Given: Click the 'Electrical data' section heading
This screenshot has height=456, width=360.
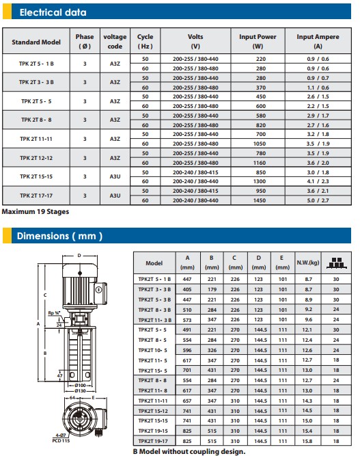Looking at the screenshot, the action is coord(53,12).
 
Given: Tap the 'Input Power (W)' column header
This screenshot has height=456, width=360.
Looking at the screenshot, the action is coord(258,41).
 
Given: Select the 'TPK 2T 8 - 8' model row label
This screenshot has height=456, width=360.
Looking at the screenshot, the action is coord(36,120).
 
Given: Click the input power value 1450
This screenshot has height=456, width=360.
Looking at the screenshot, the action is coord(259,200).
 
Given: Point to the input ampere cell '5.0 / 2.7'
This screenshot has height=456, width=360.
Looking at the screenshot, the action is coord(318,200).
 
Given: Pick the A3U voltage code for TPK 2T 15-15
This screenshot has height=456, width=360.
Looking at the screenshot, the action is coord(115,176).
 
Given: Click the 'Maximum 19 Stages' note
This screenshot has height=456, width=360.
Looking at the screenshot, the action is coord(36,212).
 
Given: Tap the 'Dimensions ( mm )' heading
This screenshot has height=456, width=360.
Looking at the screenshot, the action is coord(59,236).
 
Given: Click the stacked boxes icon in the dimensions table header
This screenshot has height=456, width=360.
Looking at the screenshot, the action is coord(336,263).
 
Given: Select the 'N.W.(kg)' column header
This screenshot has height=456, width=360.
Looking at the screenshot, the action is coord(308,263).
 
